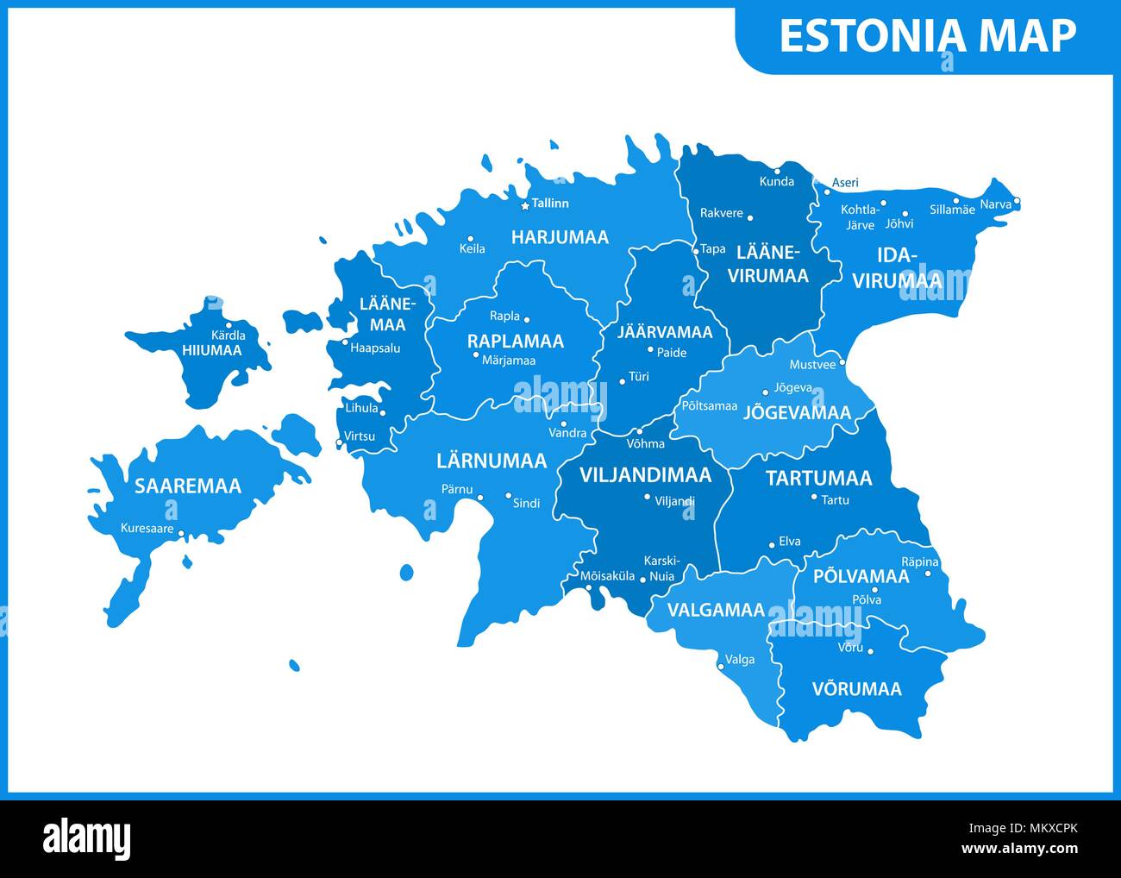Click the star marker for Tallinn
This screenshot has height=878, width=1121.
[x=524, y=205]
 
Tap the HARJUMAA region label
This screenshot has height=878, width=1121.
[x=560, y=236]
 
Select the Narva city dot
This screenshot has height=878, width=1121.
[x=1017, y=202]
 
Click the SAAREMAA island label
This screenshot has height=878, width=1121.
[x=187, y=486]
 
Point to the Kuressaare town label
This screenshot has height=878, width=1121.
[x=147, y=528]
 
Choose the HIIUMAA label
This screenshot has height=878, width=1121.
[x=211, y=350]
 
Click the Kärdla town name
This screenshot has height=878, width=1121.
[x=229, y=336]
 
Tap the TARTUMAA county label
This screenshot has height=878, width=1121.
[x=818, y=478]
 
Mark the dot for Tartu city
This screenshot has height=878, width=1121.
[x=814, y=497]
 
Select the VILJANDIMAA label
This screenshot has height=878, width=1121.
[x=645, y=475]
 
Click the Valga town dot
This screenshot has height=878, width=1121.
[x=721, y=666]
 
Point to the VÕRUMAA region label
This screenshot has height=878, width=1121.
[x=856, y=688]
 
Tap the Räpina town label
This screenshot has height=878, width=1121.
[x=919, y=561]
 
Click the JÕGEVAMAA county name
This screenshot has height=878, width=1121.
[x=797, y=412]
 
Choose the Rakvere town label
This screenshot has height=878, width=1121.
[x=721, y=213]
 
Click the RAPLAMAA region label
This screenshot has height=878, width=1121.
[x=515, y=341]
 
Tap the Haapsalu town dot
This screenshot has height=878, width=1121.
[x=345, y=342]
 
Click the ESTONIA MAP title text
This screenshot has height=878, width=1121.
[x=927, y=36]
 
